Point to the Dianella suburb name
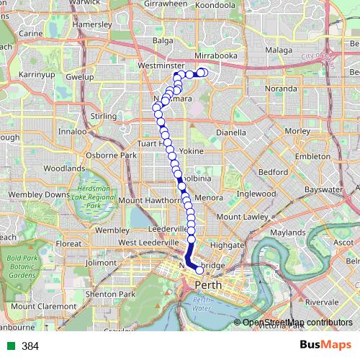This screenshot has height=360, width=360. (230, 132)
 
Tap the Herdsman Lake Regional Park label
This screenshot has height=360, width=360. (91, 196)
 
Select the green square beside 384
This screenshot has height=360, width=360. (9, 346)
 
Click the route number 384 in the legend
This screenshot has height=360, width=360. (30, 346)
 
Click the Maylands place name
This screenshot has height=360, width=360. (288, 233)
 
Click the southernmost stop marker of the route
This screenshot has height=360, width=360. (199, 271)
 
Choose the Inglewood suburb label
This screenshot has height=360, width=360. (256, 194)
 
